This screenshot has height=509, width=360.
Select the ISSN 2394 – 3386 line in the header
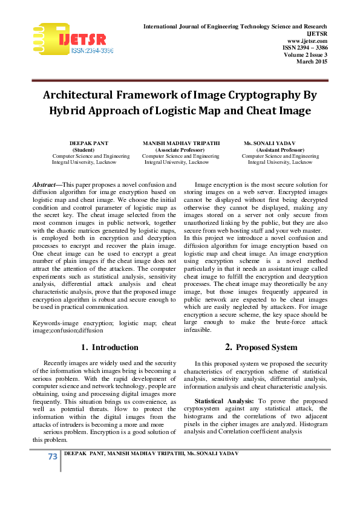(305, 47)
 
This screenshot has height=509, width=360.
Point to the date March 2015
(312, 61)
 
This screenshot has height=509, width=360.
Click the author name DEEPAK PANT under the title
(89, 143)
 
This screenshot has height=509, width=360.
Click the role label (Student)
(83, 149)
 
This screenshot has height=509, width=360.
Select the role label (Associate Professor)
(180, 149)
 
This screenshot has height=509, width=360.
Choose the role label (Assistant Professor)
(280, 149)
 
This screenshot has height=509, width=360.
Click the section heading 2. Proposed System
(253, 347)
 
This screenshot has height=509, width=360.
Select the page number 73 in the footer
(52, 456)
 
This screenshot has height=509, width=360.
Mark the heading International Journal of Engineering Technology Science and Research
(235, 27)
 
